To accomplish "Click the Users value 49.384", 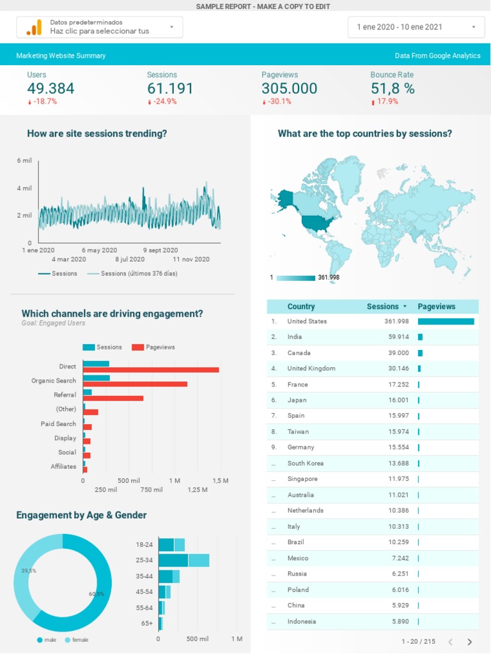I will (51, 89).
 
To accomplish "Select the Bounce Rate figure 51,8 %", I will (392, 89).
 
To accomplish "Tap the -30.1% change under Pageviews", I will (279, 102).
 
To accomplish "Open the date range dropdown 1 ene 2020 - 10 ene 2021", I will (416, 27).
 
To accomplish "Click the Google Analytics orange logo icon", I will (34, 27).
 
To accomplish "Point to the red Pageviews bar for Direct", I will (151, 370).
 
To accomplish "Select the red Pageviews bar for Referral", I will (113, 398).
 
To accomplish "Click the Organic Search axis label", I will (54, 381).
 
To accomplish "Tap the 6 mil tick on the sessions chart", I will (24, 160).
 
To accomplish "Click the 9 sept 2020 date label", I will (160, 250).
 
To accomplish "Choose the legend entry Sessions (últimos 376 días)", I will (139, 273).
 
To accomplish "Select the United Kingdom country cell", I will (311, 369).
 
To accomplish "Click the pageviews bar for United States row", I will (446, 321).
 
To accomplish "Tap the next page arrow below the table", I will (470, 642).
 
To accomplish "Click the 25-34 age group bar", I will (183, 560).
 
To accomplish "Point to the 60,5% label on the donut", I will (97, 594).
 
